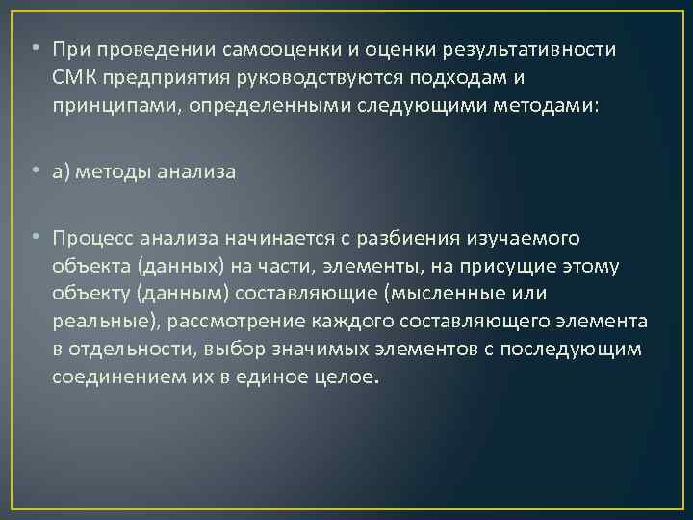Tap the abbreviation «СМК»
(74, 76)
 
